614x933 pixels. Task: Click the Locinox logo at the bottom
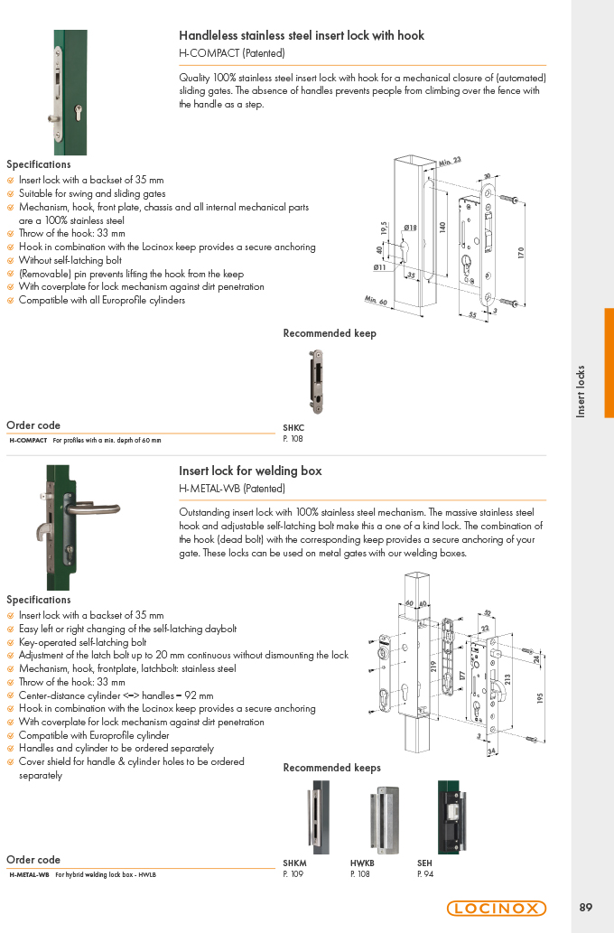click(x=497, y=908)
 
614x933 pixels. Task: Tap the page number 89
click(x=585, y=908)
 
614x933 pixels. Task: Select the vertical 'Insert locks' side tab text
click(x=581, y=391)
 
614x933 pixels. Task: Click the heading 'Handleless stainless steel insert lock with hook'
click(x=302, y=36)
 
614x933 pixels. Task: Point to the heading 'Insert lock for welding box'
click(x=250, y=471)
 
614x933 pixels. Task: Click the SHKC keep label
click(x=293, y=428)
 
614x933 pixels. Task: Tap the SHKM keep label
click(x=294, y=863)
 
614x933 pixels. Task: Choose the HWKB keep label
click(x=362, y=863)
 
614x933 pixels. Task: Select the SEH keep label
click(x=424, y=863)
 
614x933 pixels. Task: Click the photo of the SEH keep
click(x=451, y=817)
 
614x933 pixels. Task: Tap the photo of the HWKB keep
click(x=384, y=820)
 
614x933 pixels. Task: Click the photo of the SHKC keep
click(x=316, y=381)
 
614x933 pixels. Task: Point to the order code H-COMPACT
click(x=28, y=441)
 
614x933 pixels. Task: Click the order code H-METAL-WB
click(x=29, y=874)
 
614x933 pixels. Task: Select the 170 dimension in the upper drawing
click(x=521, y=253)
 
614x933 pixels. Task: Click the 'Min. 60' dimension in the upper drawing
click(x=376, y=301)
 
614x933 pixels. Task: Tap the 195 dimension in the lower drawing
click(x=540, y=698)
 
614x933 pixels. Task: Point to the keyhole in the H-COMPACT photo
click(x=78, y=113)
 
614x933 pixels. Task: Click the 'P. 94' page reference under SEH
click(x=425, y=874)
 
